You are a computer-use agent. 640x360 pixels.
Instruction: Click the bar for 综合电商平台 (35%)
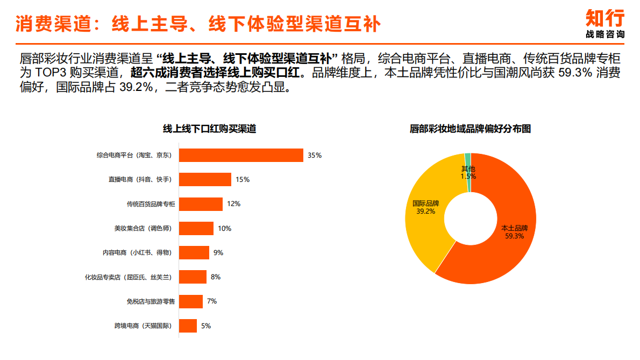click(x=241, y=155)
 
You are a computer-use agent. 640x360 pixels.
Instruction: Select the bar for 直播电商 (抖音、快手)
click(x=205, y=180)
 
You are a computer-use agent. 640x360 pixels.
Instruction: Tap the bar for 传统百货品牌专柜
click(x=201, y=204)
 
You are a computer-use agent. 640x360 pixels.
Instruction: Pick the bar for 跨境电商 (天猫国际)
click(x=188, y=326)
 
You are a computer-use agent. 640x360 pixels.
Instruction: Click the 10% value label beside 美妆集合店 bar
click(x=224, y=229)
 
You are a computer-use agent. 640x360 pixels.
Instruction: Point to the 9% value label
click(x=218, y=253)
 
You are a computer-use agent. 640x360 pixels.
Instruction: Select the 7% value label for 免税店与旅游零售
click(x=211, y=301)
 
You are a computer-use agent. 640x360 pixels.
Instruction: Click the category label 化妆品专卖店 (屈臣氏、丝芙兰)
click(x=128, y=277)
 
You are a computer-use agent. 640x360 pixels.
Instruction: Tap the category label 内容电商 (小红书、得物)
click(x=137, y=253)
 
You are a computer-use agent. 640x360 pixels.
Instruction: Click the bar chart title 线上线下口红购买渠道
click(x=209, y=129)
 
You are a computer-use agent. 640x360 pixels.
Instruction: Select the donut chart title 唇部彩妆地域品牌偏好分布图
click(x=470, y=129)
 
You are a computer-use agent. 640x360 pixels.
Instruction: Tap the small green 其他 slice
click(x=468, y=158)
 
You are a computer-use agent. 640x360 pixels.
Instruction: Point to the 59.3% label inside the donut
click(x=514, y=236)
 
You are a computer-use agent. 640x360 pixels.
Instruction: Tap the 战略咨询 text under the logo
click(x=605, y=34)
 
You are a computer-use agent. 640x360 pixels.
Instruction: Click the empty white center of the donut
click(x=470, y=218)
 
